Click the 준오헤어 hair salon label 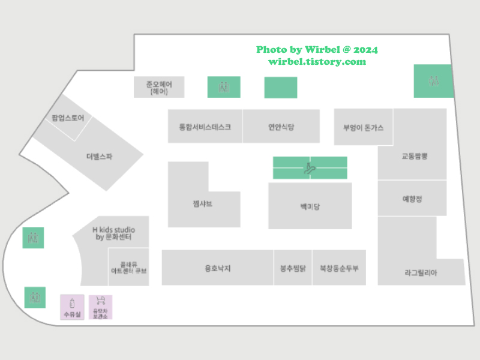(159, 88)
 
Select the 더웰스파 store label (99, 157)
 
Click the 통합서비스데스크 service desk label (205, 127)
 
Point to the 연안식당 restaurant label (281, 127)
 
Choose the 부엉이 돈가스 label (363, 128)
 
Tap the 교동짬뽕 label (415, 156)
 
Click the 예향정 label (412, 199)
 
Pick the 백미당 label (310, 207)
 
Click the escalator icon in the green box (310, 167)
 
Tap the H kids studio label (113, 233)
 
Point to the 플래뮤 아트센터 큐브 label (128, 268)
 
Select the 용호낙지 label (217, 268)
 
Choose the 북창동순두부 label (339, 268)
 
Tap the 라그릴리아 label (421, 272)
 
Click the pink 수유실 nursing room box (72, 307)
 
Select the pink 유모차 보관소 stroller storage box (101, 307)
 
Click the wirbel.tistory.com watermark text (317, 62)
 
